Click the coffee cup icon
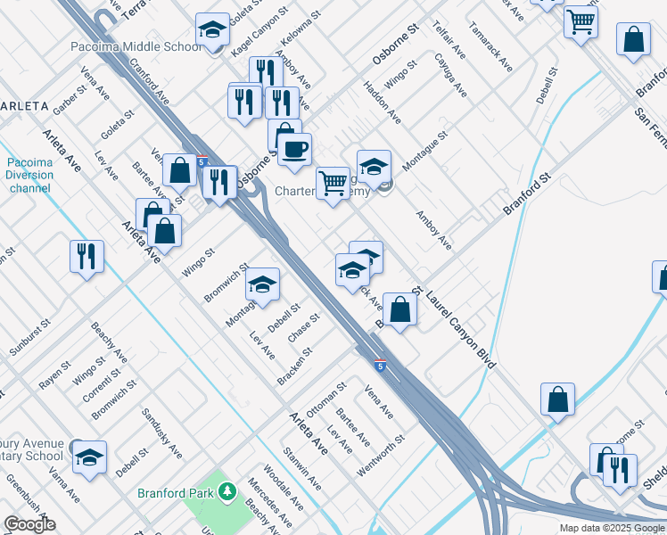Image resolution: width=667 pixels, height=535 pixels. [x=294, y=148]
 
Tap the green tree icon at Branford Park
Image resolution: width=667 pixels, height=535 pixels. [x=227, y=491]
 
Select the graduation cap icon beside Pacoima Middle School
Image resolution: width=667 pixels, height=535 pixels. [x=212, y=32]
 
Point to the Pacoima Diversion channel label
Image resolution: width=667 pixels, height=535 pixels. [x=31, y=176]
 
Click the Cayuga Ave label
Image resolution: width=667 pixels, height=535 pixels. [x=450, y=80]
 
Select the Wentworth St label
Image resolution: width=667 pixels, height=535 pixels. [x=380, y=454]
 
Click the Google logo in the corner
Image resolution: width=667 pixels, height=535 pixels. [x=29, y=524]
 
